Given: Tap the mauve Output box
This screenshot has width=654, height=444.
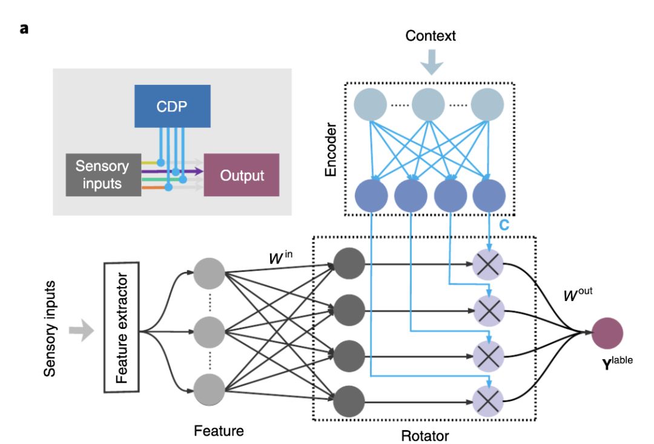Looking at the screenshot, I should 242,175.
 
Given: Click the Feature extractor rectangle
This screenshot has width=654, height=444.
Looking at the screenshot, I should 122,333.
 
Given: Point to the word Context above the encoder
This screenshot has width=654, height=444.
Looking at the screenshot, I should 430,36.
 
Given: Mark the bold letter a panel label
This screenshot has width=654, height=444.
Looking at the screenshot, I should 25,28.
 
